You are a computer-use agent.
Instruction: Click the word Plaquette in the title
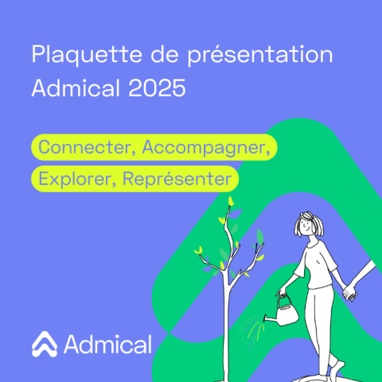[87, 55]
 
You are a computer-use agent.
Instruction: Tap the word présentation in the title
[260, 55]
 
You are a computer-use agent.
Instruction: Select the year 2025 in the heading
[157, 88]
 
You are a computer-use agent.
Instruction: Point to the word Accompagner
[206, 148]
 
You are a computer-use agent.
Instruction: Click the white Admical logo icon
[45, 344]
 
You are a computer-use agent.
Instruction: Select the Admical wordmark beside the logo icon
[107, 344]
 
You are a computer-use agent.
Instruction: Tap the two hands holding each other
[349, 292]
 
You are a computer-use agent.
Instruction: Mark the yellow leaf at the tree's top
[231, 201]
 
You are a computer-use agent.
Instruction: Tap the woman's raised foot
[336, 368]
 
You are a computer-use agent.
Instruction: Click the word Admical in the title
[76, 88]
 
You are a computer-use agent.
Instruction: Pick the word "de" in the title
[165, 55]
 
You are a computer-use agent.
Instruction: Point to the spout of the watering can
[270, 319]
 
